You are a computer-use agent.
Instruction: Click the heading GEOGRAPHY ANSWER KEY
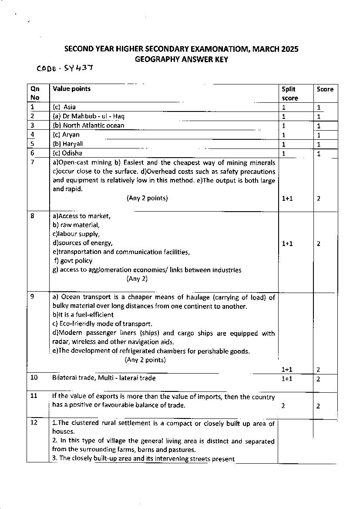[181, 59]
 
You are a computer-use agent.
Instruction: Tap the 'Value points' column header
[71, 89]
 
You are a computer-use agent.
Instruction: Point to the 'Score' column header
[325, 89]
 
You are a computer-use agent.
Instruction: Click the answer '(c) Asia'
[64, 107]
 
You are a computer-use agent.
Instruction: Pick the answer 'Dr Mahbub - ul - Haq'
[89, 116]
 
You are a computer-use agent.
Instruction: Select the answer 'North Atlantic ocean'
[93, 125]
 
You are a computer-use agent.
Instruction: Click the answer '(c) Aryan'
[66, 135]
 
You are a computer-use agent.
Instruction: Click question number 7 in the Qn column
[32, 162]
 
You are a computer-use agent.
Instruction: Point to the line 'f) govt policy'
[73, 261]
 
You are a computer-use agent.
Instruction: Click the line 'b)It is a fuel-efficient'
[83, 314]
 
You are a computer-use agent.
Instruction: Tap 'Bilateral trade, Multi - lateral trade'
[104, 378]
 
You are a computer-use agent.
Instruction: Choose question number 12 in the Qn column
[34, 423]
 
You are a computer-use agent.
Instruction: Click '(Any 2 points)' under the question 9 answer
[145, 360]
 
